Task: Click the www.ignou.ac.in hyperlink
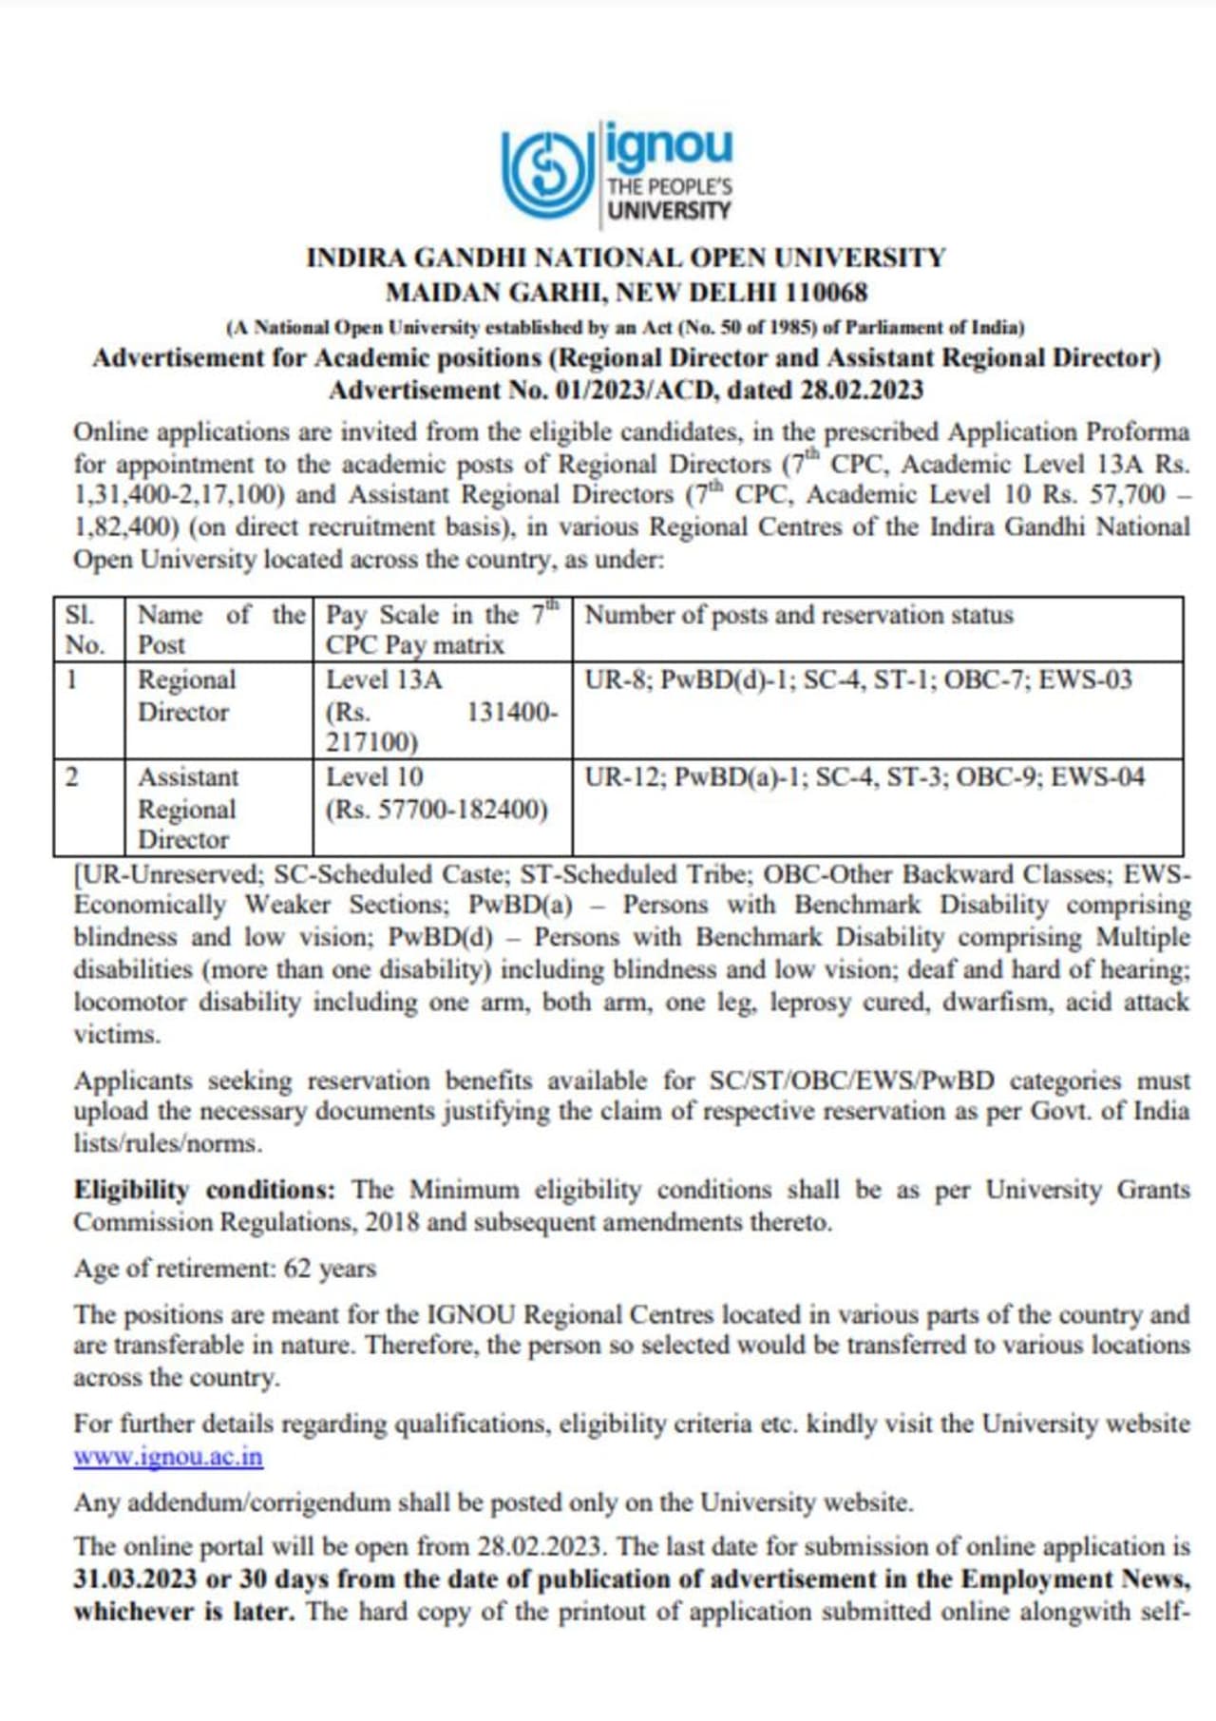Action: click(x=168, y=1456)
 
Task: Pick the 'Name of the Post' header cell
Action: click(x=219, y=629)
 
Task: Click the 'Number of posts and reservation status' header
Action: click(x=799, y=615)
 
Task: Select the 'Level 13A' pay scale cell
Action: click(x=443, y=710)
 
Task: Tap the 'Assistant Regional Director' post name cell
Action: click(x=219, y=808)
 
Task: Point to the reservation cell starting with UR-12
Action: click(x=864, y=777)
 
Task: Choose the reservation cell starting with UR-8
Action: click(x=858, y=679)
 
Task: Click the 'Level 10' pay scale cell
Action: click(x=443, y=793)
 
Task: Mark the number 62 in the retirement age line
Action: click(x=297, y=1269)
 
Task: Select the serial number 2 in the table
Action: click(x=72, y=777)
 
